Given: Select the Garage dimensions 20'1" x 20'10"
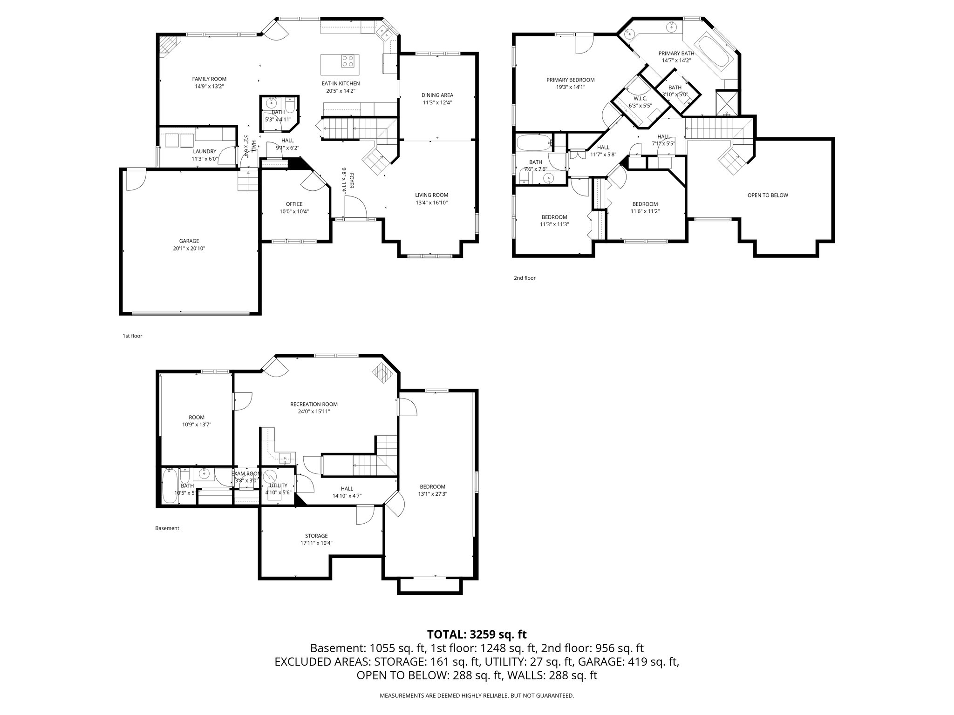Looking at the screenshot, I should [189, 249].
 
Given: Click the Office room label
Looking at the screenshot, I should [294, 204].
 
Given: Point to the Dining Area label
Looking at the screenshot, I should [437, 95].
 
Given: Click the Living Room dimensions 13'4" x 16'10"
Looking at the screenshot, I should [432, 202].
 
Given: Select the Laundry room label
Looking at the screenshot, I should [204, 151].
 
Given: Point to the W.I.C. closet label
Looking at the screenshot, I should [640, 99].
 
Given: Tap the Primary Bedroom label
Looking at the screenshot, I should [570, 80].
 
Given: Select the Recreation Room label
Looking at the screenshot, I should [313, 404].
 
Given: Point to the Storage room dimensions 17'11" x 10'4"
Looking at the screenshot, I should [316, 543].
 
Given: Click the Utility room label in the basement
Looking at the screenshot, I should [278, 486].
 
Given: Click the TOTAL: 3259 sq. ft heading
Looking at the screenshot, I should [477, 634].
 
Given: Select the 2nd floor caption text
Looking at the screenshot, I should [525, 278].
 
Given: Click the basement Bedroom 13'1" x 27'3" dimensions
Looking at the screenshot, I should [432, 494].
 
